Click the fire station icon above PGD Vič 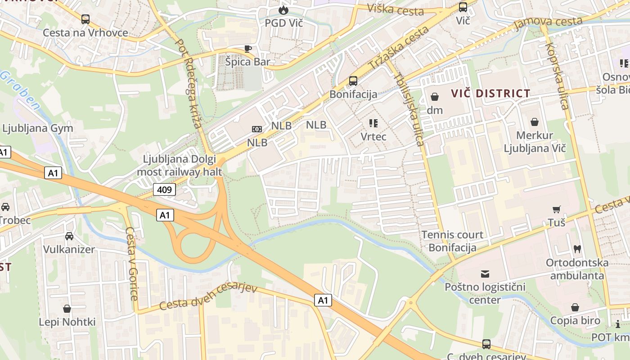pos(283,9)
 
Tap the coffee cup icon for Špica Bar pos(247,49)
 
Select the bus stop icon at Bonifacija pos(353,81)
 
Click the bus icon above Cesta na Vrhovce pos(85,19)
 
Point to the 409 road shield pos(164,190)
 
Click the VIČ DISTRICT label pos(491,94)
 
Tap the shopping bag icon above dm pos(435,97)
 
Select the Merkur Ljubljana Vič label pos(535,142)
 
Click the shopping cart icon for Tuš pos(557,209)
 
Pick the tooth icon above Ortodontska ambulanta pos(577,249)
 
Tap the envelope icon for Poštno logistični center pos(485,274)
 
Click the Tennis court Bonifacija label pos(452,241)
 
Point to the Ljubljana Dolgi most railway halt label pos(180,166)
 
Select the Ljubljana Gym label pos(38,128)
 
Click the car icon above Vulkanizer pos(69,236)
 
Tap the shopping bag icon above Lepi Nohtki pos(67,309)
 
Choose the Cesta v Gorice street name pos(131,264)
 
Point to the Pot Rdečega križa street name pos(189,83)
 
